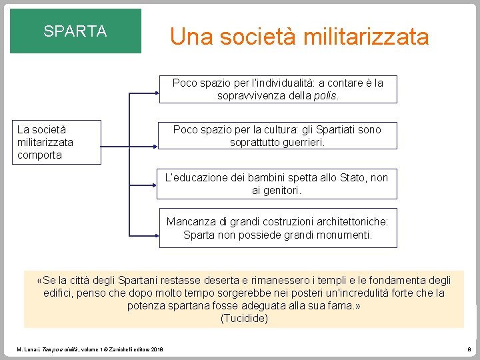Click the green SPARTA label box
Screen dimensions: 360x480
(75, 31)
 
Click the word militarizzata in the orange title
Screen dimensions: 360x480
(366, 36)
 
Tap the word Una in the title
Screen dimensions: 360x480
(191, 36)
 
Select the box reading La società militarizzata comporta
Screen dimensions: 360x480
(58, 142)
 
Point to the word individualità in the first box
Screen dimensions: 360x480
(279, 83)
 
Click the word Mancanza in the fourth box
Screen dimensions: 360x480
(189, 221)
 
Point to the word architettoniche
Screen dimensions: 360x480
(349, 221)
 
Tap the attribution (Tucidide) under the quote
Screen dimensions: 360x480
(244, 319)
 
